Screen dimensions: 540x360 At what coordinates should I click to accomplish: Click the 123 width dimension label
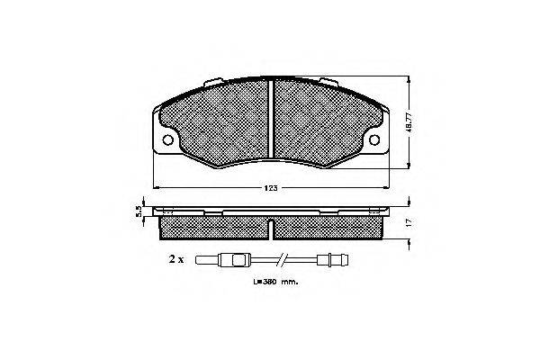(x=271, y=188)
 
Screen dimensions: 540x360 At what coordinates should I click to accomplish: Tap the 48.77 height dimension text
(x=409, y=122)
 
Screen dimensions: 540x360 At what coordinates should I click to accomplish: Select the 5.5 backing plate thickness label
(x=139, y=211)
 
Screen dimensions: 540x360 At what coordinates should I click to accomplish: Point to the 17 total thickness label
(x=409, y=222)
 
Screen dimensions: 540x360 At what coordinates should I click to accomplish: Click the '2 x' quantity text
(x=176, y=259)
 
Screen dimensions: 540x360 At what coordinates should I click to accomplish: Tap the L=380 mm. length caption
(x=276, y=282)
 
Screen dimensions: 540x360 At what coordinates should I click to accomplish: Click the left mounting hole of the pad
(x=168, y=139)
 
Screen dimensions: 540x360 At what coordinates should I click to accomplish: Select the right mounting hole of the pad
(x=374, y=139)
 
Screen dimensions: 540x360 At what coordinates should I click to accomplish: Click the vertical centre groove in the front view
(x=271, y=118)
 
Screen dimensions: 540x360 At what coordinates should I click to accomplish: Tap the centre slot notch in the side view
(x=271, y=229)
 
